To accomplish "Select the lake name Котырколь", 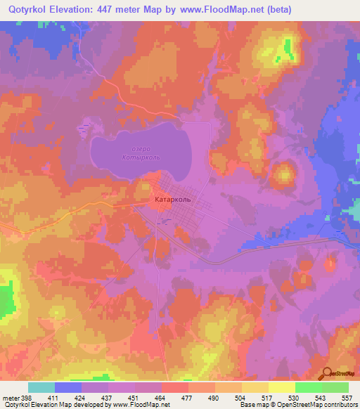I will [143, 157].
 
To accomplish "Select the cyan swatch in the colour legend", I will [41, 387].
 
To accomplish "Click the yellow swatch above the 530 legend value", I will [282, 387].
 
